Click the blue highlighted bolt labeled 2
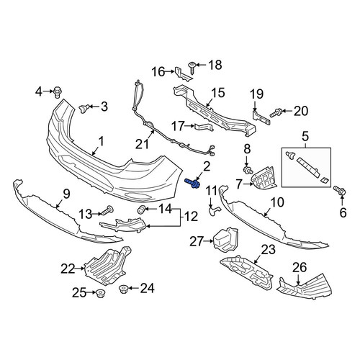click(192, 184)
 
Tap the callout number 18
click(215, 65)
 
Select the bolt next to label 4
click(57, 92)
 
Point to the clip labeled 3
click(84, 109)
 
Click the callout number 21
click(143, 145)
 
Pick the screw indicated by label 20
click(276, 113)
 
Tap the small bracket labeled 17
click(204, 127)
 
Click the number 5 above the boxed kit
click(305, 137)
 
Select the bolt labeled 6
click(340, 191)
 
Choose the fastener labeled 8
click(248, 170)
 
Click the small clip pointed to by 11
click(215, 210)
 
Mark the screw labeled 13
click(108, 210)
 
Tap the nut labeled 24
click(124, 289)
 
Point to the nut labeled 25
click(99, 293)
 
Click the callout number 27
click(197, 241)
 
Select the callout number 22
click(68, 269)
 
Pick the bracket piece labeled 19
click(261, 118)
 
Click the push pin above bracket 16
click(192, 67)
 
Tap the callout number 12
click(192, 217)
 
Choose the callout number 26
click(300, 267)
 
